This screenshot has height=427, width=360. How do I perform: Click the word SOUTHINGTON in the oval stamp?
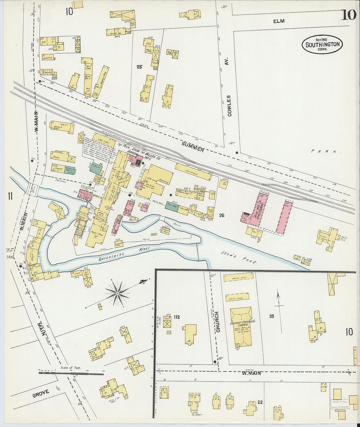tap(322, 45)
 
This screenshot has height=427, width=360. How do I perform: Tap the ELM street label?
tap(279, 21)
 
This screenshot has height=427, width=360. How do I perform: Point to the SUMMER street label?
tap(193, 147)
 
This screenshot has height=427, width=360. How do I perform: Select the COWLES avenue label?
tap(229, 106)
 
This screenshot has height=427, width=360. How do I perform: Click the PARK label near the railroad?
tap(326, 151)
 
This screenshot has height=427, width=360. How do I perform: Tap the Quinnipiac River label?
tap(125, 254)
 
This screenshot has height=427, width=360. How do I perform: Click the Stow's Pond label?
tap(239, 258)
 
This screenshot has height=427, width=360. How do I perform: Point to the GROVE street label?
tap(41, 393)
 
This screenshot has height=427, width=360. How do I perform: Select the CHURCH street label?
tap(218, 322)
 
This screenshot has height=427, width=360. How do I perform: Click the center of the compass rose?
tap(117, 294)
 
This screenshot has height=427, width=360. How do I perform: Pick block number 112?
tap(177, 317)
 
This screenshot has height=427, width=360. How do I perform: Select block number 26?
tap(222, 215)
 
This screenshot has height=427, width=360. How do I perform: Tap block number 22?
tap(261, 402)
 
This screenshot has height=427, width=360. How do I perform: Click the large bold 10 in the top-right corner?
tap(349, 15)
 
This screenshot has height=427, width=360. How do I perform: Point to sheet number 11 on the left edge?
tap(10, 196)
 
